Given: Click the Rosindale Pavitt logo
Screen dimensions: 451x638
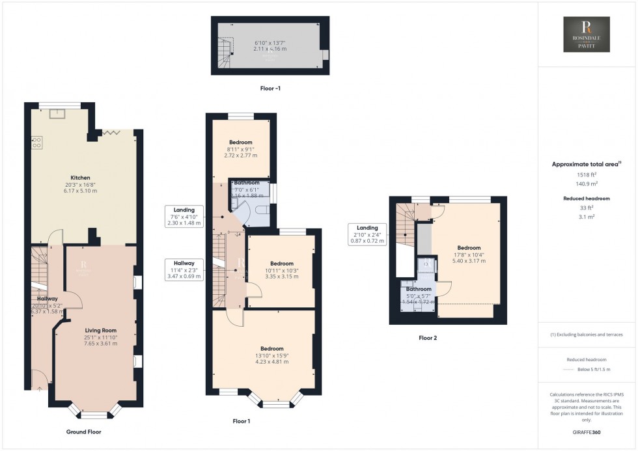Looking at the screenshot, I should tap(587, 34).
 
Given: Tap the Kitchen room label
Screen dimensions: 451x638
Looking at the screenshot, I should tap(81, 178).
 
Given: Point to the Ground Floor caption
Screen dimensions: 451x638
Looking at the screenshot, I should tap(84, 431).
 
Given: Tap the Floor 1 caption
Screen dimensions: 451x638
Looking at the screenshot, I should tap(242, 421).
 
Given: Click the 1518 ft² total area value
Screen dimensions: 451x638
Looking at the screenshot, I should tap(587, 174).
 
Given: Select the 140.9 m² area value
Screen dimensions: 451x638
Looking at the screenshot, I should tap(587, 184).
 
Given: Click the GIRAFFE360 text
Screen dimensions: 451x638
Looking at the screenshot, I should tap(587, 433).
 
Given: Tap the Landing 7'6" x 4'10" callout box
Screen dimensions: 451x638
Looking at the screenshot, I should tap(186, 215).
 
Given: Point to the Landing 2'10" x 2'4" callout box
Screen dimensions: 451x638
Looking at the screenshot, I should tap(368, 234).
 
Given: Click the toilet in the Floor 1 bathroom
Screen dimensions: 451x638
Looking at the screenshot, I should tap(261, 210).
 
